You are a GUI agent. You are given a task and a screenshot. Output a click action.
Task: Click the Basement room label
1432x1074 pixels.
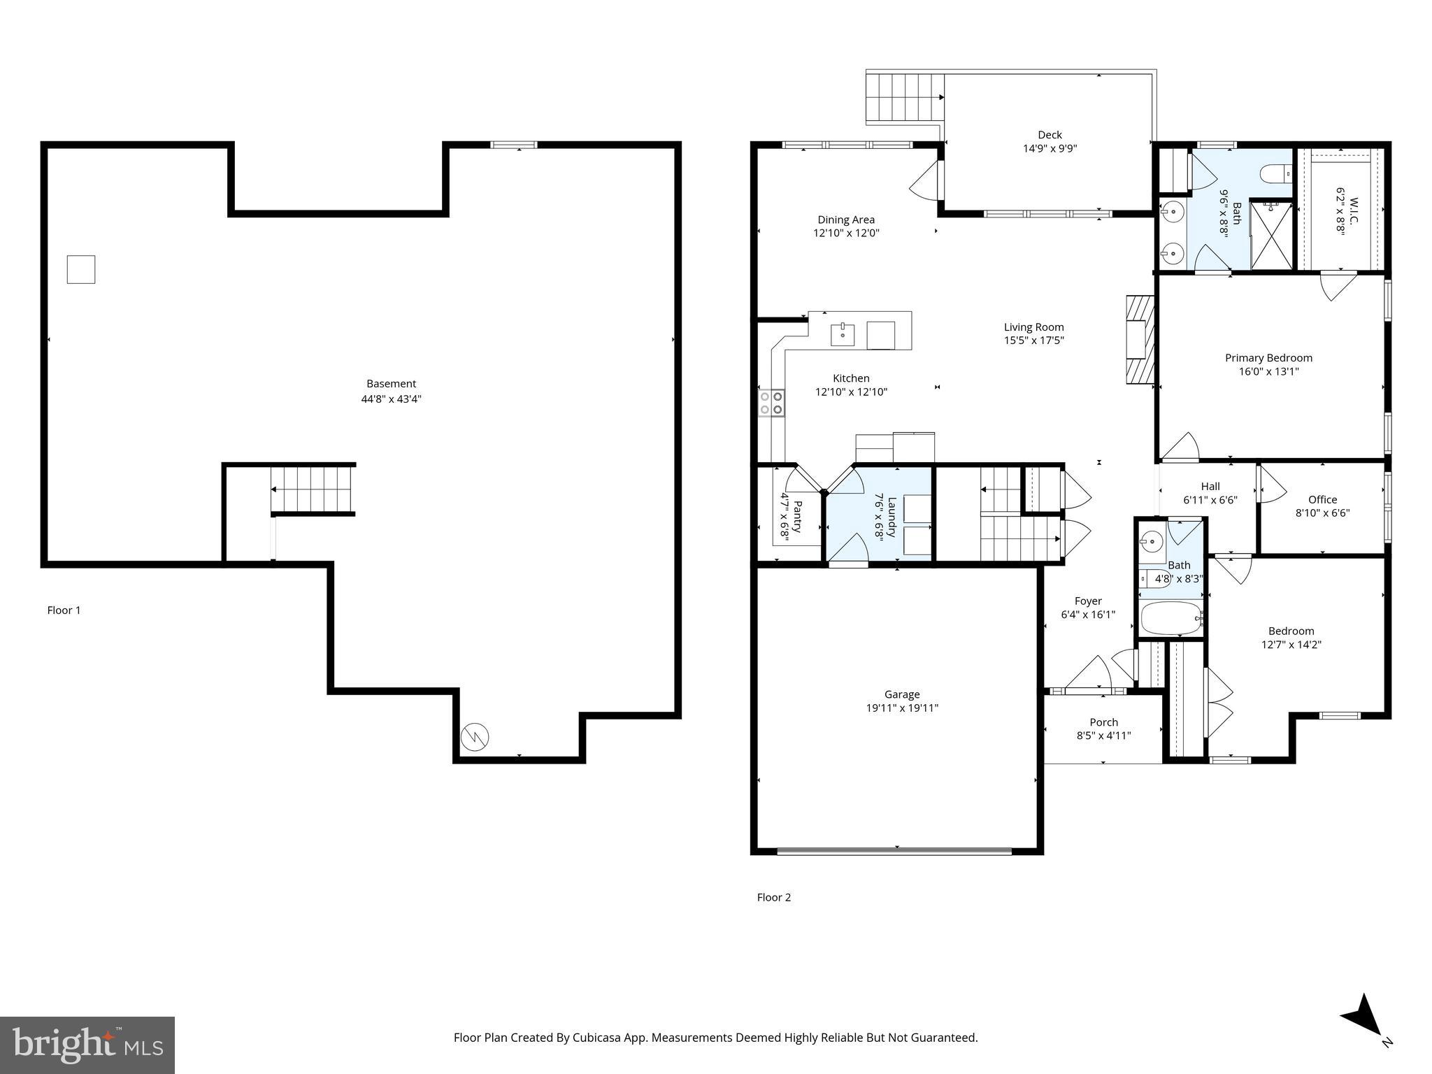(391, 383)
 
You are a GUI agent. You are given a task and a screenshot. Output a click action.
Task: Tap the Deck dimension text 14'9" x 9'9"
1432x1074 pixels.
(1050, 148)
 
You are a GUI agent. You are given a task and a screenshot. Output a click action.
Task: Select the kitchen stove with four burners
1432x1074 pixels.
(771, 403)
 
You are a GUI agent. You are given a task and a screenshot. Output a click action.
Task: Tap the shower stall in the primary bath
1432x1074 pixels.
(1271, 236)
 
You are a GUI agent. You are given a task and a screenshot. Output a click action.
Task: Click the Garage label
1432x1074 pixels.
(901, 694)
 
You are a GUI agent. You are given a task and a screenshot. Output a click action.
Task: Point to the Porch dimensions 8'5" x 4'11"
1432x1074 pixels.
(1103, 736)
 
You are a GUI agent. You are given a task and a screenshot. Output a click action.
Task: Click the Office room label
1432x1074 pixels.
(1322, 499)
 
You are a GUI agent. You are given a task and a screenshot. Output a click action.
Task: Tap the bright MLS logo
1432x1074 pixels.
(87, 1045)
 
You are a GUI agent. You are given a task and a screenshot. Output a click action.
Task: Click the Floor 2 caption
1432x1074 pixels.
(773, 897)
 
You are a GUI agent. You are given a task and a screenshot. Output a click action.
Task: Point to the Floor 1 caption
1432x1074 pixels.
(64, 610)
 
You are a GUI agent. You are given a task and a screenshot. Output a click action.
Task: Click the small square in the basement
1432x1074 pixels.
(81, 269)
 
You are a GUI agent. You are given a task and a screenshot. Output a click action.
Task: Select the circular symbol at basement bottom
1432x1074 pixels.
(475, 736)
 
